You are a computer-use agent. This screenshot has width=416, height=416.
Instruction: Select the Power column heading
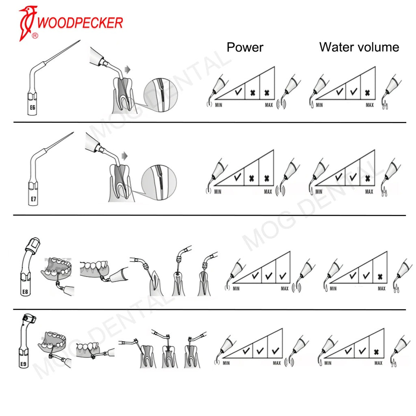pyautogui.click(x=245, y=47)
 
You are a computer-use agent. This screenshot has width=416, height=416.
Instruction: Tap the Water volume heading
pyautogui.click(x=359, y=47)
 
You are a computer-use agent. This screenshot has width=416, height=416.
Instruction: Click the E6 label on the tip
pyautogui.click(x=31, y=108)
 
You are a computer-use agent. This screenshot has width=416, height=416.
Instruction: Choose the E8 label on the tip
pyautogui.click(x=25, y=291)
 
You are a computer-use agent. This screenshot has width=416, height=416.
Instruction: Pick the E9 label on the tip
pyautogui.click(x=23, y=364)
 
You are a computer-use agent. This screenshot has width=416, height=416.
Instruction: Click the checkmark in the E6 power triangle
pyautogui.click(x=238, y=92)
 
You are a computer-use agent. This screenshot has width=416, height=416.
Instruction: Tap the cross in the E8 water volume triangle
pyautogui.click(x=380, y=277)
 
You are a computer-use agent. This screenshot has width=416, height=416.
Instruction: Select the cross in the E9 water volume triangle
pyautogui.click(x=377, y=352)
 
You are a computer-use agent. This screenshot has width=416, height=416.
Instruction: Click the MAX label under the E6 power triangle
pyautogui.click(x=269, y=105)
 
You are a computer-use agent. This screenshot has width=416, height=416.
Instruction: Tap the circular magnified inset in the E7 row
pyautogui.click(x=159, y=182)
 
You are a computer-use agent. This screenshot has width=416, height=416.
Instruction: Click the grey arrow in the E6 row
pyautogui.click(x=128, y=70)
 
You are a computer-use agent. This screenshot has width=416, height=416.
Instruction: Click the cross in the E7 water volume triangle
pyautogui.click(x=368, y=178)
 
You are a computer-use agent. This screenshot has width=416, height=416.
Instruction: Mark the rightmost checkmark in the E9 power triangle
pyautogui.click(x=275, y=350)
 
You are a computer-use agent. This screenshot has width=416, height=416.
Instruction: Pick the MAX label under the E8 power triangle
pyautogui.click(x=284, y=288)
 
